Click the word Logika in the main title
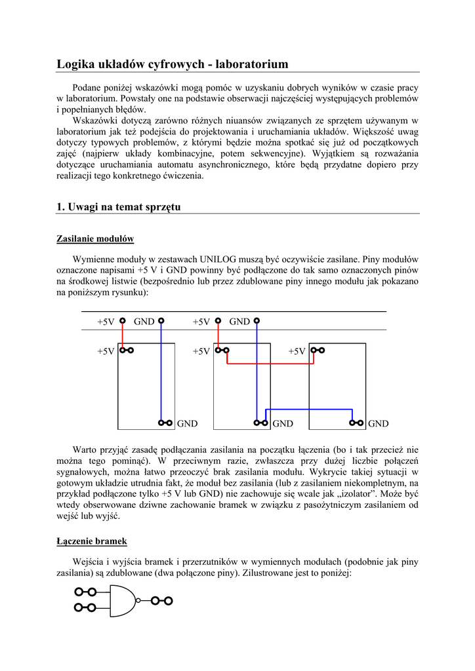coord(75,64)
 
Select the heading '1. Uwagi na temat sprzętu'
coord(118,207)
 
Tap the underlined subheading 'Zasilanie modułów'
coord(95,238)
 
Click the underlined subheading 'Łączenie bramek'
coord(91,541)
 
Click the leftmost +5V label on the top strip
coord(106,322)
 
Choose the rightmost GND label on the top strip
coord(239,322)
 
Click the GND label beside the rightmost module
coord(379,424)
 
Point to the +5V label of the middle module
coord(201,351)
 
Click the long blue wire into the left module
coord(161,374)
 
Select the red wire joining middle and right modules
coord(269,363)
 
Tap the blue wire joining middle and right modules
coord(308,410)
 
